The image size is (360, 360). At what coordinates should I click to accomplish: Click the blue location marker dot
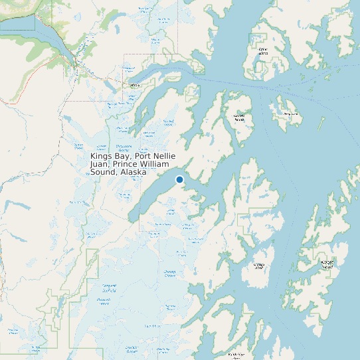click(x=179, y=179)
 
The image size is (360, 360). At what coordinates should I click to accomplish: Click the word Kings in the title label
click(x=102, y=156)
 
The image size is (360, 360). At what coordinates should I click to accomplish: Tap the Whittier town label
click(x=134, y=86)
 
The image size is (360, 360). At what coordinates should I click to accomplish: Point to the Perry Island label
click(x=291, y=114)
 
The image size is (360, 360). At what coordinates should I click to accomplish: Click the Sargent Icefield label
click(x=109, y=287)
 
